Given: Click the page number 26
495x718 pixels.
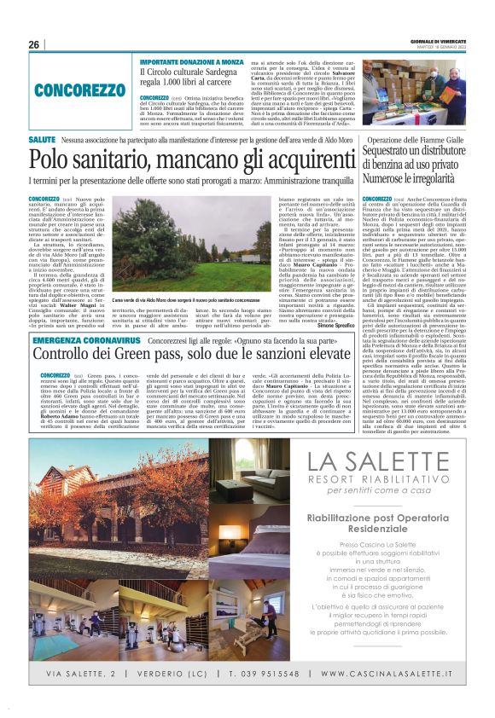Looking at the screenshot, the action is pyautogui.click(x=34, y=45).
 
